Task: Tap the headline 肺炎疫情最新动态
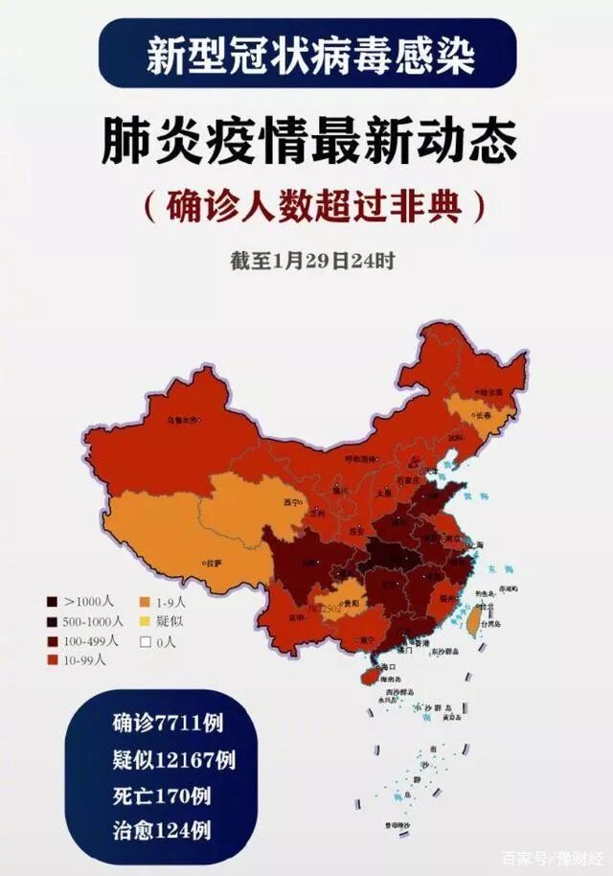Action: tap(309, 143)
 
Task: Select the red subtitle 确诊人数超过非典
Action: tap(309, 204)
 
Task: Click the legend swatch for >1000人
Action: tap(52, 602)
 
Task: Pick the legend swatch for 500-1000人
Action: tap(52, 621)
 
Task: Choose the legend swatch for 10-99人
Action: tap(52, 660)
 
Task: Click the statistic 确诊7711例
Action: tap(160, 725)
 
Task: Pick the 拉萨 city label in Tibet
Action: tap(212, 563)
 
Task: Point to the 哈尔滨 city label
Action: tap(489, 391)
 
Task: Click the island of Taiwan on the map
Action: tap(472, 623)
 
